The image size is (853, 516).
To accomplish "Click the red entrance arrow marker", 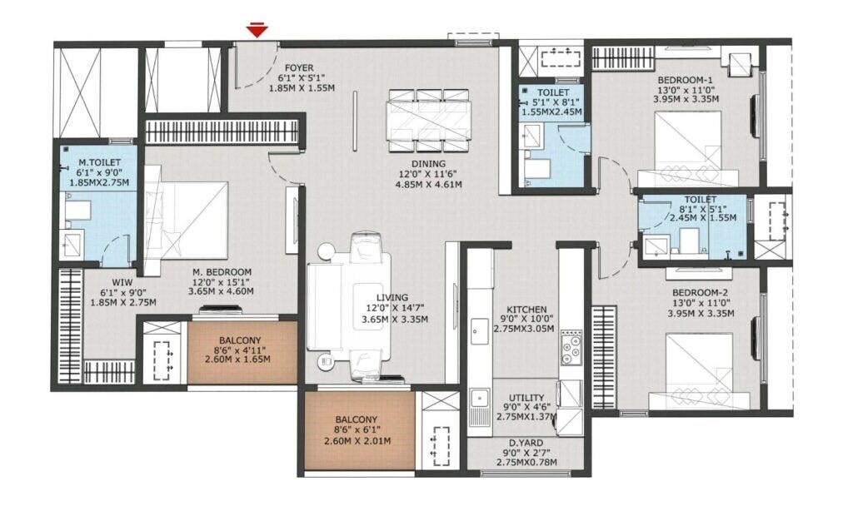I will pos(258,31).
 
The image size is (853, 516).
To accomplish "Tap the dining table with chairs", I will pos(428,120).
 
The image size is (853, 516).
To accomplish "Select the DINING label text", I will pos(428,164).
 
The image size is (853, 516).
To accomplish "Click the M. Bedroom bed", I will pos(190,221).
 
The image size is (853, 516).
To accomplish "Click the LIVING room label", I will pos(392,297).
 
